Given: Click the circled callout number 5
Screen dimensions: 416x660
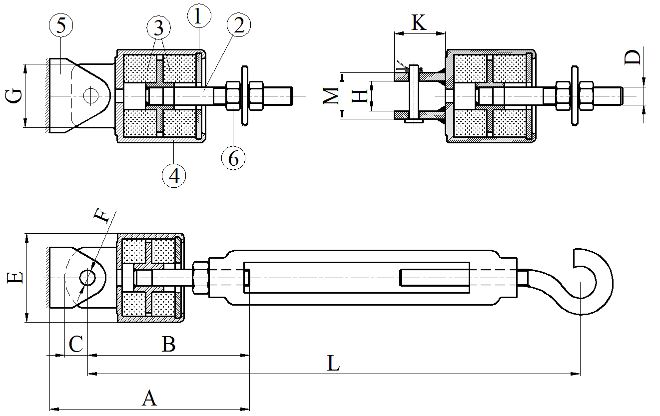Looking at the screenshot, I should coord(61,26).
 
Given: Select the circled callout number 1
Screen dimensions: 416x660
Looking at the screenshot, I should coord(198,16).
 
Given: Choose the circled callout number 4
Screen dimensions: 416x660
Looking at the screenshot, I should coord(174,175).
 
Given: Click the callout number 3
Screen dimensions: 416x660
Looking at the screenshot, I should coord(159,28).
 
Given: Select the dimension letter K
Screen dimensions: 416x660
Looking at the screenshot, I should coord(419,22).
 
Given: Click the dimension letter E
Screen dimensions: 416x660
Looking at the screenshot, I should coord(15,278).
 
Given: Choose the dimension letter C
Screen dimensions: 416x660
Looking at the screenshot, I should coord(75,345).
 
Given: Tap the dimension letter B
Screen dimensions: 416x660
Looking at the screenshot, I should coord(169,344).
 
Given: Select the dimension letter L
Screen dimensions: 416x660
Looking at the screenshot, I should coord(333,364).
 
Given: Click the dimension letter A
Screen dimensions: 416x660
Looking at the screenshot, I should coord(149,399).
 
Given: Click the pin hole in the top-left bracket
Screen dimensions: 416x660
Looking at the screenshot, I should coord(91,95).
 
